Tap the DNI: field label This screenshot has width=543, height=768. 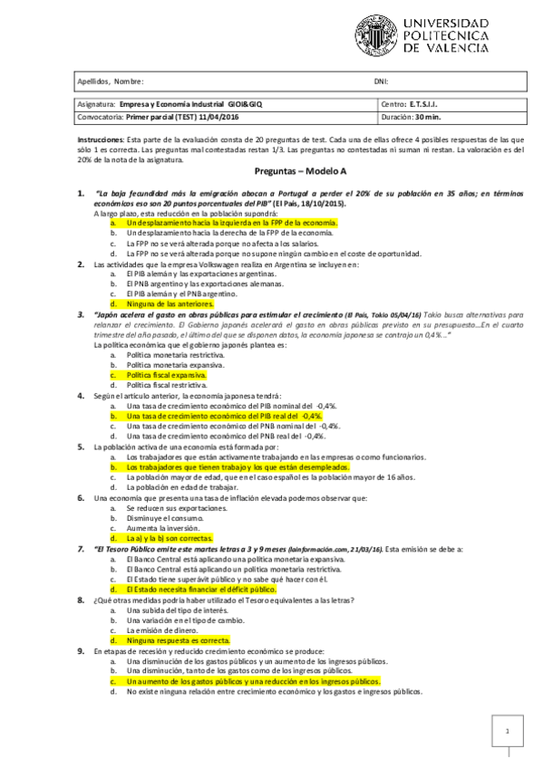click(382, 82)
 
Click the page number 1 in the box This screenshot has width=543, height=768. click(508, 731)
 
